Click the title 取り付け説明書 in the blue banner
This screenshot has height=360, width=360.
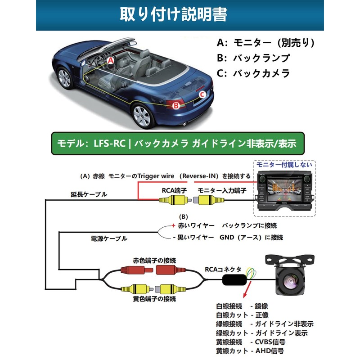pos(174,14)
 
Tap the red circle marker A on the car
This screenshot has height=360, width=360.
pos(111,60)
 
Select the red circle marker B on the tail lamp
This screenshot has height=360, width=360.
pos(176,105)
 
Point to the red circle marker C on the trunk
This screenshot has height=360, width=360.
pos(202,94)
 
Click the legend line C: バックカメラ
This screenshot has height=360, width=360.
pos(253,73)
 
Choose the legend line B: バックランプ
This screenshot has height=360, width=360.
pos(253,58)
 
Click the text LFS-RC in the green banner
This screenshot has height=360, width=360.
pos(109,144)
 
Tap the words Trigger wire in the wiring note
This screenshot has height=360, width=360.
pos(156,176)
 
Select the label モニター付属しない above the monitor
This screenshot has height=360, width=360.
pos(284,165)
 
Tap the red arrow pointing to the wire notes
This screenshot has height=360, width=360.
pos(247,290)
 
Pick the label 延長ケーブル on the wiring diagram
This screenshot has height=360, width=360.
pos(89,194)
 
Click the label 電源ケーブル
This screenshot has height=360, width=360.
pos(109,238)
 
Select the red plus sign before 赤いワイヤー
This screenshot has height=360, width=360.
pos(173,225)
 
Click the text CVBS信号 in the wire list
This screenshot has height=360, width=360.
pos(270,342)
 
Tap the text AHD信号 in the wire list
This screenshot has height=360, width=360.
pos(270,351)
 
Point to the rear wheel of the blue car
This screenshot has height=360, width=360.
pos(142,116)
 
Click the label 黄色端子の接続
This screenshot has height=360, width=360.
pos(154,299)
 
